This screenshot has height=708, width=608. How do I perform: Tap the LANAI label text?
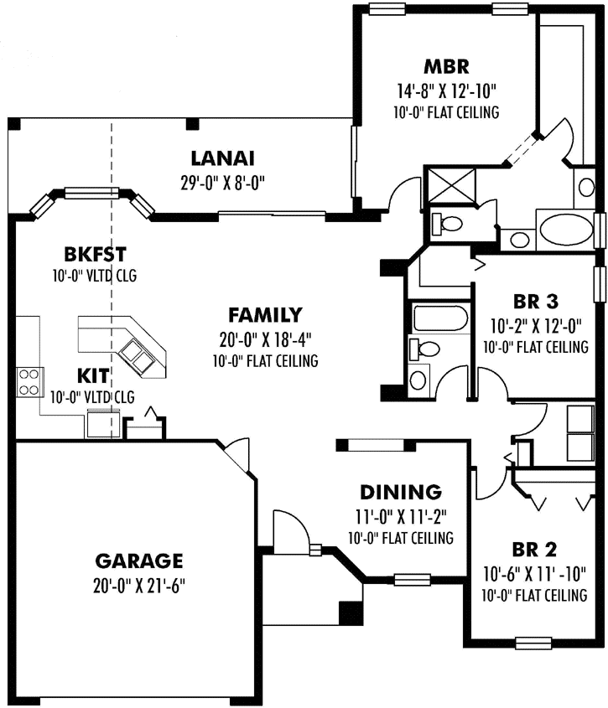(222, 158)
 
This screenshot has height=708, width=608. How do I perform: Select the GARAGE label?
(138, 560)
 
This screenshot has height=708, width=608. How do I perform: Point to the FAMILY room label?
(265, 315)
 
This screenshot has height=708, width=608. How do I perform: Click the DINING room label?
(401, 492)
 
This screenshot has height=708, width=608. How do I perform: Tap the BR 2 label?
(534, 550)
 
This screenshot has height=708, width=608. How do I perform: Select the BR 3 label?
(535, 300)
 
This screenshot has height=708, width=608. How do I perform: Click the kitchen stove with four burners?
(28, 381)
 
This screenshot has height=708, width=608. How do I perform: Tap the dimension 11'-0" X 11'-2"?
(401, 515)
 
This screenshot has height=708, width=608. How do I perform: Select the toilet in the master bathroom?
(447, 224)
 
